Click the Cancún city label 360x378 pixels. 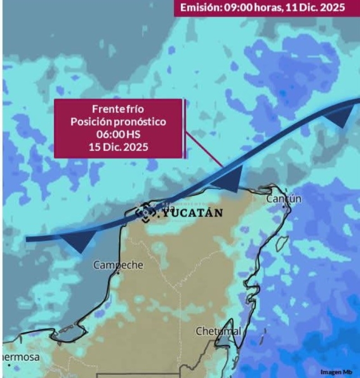tap(284, 199)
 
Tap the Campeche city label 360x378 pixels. tap(118, 265)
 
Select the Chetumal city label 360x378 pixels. tap(218, 331)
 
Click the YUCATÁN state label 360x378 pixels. tap(193, 213)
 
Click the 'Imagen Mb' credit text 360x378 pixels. tap(337, 372)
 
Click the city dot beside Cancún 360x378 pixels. tap(283, 206)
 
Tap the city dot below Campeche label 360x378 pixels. tap(118, 273)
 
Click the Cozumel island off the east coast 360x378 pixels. tap(282, 243)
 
